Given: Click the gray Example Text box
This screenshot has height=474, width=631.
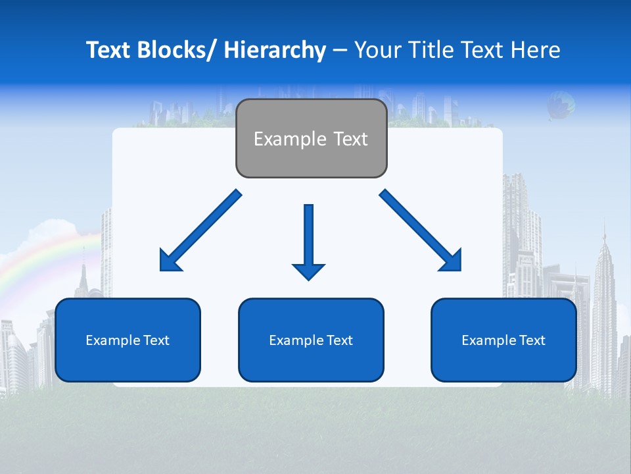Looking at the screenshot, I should tap(311, 138).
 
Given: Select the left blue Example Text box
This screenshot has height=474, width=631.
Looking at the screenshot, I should tap(128, 340).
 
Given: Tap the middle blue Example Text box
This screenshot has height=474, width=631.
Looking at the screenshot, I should tap(311, 340).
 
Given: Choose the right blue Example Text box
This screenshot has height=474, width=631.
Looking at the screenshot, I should tap(503, 340).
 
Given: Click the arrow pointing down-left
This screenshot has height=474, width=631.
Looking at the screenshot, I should tap(200, 230).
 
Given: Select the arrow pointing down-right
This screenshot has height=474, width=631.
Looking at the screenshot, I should tap(421, 230).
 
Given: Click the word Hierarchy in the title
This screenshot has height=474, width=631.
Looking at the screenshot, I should tap(275, 50).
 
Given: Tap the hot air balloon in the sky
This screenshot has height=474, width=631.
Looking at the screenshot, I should tap(560, 105).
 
